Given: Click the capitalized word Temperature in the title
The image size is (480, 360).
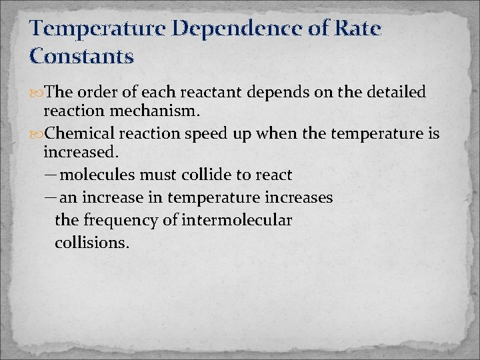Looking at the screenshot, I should [x=96, y=29].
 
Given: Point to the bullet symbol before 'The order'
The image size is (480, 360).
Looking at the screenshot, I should [x=37, y=92].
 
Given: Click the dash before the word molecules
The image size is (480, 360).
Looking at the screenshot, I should [x=51, y=175].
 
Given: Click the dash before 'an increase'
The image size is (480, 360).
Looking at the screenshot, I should [x=51, y=197].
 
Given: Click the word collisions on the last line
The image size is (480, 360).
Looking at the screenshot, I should [x=91, y=242].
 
